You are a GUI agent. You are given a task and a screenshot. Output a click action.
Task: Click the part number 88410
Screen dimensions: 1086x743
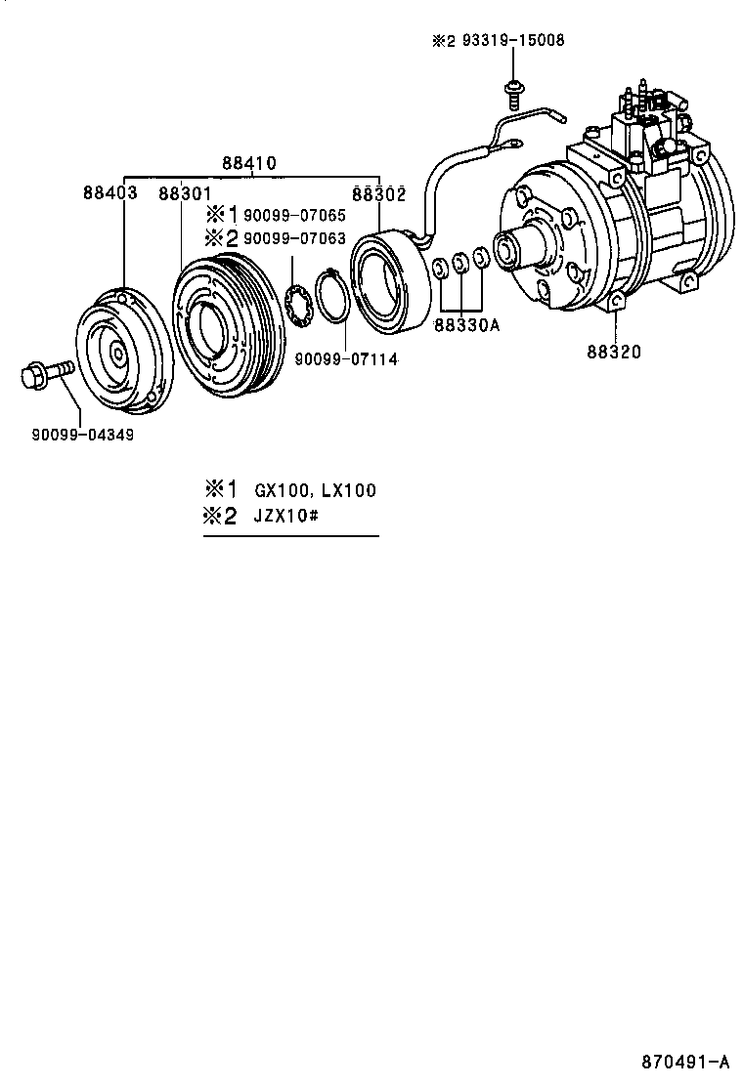[248, 163]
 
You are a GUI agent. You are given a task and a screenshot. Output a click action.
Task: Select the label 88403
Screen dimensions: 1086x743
[109, 193]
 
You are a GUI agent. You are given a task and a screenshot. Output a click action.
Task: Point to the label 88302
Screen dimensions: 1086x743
[378, 193]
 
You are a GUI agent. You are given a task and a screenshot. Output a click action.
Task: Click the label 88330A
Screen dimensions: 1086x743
[467, 325]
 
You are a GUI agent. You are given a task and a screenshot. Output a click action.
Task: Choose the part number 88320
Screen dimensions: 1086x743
[615, 352]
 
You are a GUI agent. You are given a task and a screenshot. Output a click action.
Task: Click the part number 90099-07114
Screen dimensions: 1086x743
[346, 359]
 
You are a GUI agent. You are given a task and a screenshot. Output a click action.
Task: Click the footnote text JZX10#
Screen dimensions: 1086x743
[287, 516]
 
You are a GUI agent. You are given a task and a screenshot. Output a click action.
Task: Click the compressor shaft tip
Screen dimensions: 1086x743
[506, 250]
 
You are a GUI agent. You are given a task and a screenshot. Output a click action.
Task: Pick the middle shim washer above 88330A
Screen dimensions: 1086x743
[460, 263]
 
